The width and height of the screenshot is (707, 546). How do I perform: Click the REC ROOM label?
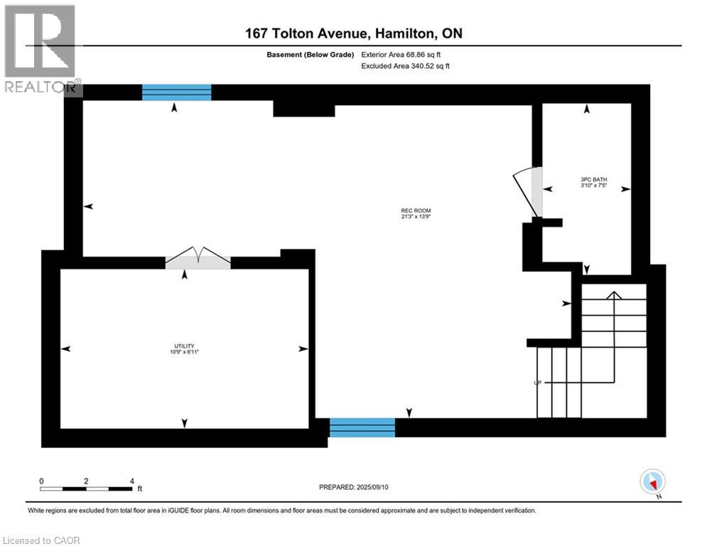tap(416, 210)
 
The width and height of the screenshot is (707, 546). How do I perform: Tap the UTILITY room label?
tap(183, 346)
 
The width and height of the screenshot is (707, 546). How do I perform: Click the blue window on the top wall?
tap(177, 92)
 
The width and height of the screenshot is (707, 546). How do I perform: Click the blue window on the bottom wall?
tap(362, 427)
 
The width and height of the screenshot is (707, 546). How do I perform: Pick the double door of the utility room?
tap(198, 258)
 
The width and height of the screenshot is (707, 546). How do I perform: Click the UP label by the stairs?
tap(538, 382)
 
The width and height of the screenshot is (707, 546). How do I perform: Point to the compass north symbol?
tap(652, 482)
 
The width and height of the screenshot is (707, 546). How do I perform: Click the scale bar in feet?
tap(87, 488)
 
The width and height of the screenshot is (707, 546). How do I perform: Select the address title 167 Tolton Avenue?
tap(353, 33)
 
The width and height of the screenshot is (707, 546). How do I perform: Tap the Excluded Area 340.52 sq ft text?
tap(406, 65)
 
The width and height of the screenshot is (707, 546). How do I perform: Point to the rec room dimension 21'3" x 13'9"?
tap(416, 218)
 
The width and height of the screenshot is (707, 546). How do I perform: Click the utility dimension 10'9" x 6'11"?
tap(183, 353)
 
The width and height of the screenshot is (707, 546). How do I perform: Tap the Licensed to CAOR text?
tap(42, 540)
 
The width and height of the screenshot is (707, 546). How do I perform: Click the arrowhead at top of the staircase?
tap(614, 294)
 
